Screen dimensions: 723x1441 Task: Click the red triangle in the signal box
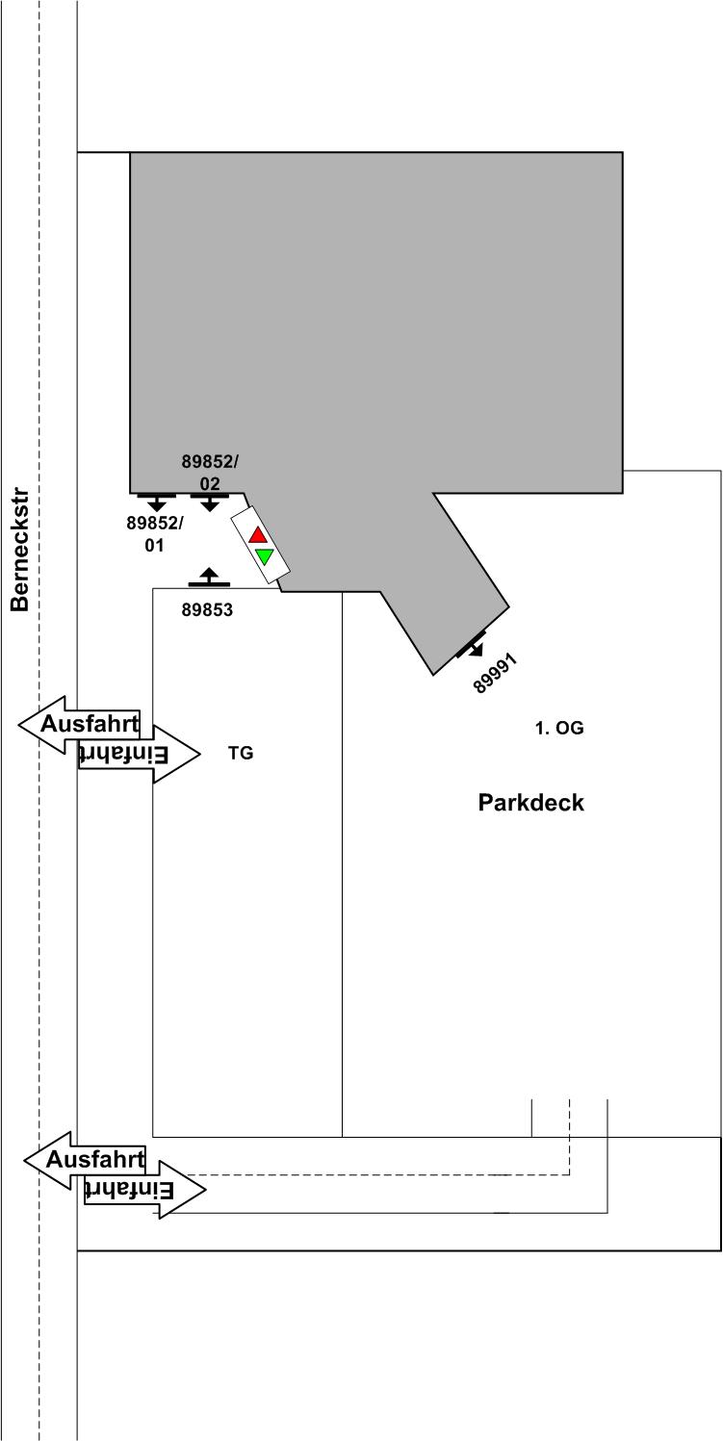(x=258, y=534)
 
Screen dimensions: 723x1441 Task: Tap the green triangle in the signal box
(x=265, y=555)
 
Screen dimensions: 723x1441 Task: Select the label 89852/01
(x=154, y=534)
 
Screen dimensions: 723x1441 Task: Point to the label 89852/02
(x=210, y=473)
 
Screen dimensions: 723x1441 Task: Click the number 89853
(x=207, y=610)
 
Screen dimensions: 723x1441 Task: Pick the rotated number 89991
(x=495, y=673)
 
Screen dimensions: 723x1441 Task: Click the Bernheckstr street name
(x=20, y=548)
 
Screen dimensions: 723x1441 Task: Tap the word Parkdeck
(x=531, y=803)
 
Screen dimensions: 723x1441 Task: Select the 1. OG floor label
(x=559, y=729)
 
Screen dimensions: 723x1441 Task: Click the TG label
(x=241, y=753)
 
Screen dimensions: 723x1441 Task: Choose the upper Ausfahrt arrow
(x=79, y=725)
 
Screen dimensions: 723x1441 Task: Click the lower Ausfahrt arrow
(x=85, y=1160)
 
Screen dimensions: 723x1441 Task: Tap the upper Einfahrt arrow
(x=140, y=754)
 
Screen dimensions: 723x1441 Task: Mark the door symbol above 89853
(x=208, y=579)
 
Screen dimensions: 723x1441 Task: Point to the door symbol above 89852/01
(x=156, y=502)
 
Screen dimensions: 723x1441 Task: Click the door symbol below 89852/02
(x=210, y=502)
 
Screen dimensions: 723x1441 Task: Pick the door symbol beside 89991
(x=473, y=645)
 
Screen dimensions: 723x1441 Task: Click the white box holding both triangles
(x=261, y=546)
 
